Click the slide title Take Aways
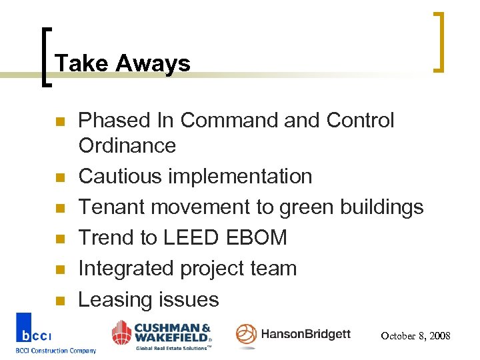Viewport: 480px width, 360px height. coord(123,64)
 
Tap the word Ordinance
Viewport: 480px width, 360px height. coord(127,145)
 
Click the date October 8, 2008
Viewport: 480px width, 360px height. coord(415,336)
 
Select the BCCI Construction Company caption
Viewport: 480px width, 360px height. coord(56,351)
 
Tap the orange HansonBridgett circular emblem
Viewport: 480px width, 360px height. coord(246,335)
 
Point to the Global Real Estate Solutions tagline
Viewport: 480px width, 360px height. coord(173,347)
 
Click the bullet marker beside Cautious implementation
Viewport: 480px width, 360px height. coord(59,177)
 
